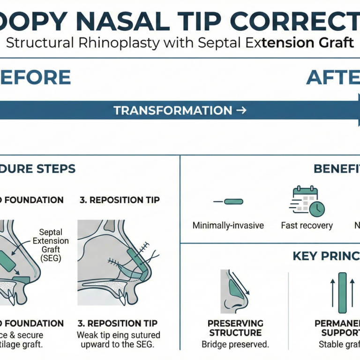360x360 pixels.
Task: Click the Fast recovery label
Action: coord(307,225)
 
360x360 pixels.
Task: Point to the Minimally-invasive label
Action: coord(228,225)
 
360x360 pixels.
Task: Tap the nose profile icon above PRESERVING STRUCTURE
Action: coord(235,291)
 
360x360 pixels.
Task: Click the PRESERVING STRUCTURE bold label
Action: coord(235,328)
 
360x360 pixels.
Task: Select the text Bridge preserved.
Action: coord(235,345)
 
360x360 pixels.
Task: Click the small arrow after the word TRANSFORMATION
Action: coord(241,111)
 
